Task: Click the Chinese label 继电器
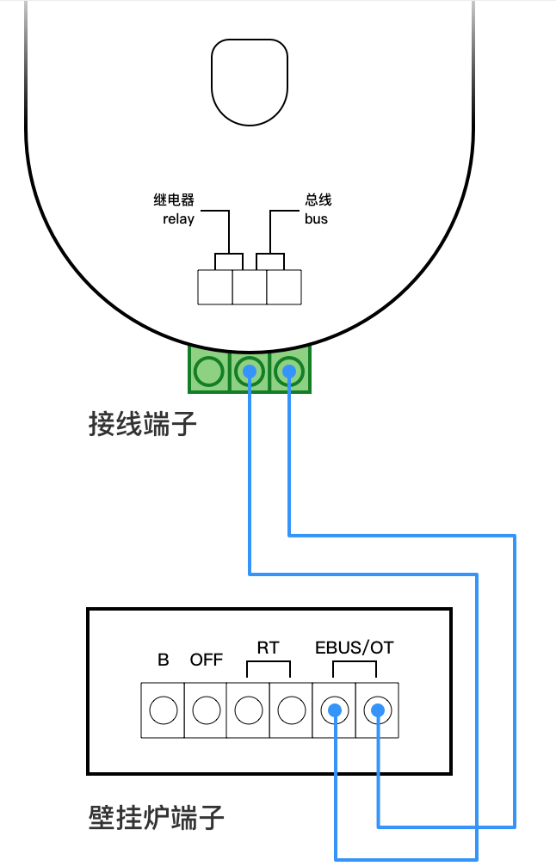coord(174,200)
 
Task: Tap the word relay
coord(178,219)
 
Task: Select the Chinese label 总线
coord(318,200)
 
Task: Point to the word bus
coord(316,219)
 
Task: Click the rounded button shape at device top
coord(249,83)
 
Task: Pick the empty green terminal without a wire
coord(208,372)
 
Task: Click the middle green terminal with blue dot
coord(249,372)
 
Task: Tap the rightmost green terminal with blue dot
coord(289,372)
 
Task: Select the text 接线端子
coord(143,424)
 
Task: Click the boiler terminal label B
coord(164,660)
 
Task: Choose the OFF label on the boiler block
coord(207,660)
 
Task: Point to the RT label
coord(269,648)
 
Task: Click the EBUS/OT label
coord(355,648)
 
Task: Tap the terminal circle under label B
coord(164,710)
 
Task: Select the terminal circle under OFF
coord(207,710)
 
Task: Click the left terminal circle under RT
coord(249,710)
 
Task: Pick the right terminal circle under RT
coord(292,710)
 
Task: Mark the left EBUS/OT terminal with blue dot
coord(334,710)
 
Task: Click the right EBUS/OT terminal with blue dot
coord(377,710)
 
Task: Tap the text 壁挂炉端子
coord(157,817)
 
